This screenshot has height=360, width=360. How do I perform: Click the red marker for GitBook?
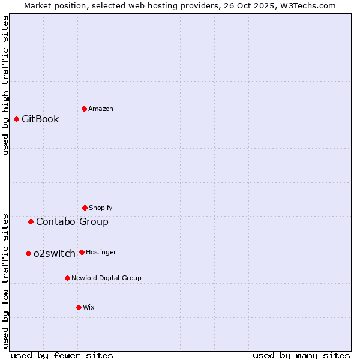16,119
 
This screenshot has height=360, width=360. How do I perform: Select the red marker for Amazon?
84,109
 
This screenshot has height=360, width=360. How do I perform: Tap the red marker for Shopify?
85,208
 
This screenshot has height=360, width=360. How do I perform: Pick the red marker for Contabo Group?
31,221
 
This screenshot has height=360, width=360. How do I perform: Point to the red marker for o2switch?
28,253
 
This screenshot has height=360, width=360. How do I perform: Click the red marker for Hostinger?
82,252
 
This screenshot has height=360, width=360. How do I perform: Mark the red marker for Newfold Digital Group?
67,278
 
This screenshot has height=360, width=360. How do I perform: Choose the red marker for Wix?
79,307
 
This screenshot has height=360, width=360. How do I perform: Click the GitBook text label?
40,119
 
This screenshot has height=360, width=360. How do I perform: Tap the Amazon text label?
101,109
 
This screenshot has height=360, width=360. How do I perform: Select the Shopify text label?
101,208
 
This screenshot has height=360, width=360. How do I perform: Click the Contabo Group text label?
72,221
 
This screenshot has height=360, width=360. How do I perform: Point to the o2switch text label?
55,253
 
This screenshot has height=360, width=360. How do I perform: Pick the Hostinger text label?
101,252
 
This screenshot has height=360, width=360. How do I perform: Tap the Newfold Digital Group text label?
106,278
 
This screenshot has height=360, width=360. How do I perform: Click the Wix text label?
89,307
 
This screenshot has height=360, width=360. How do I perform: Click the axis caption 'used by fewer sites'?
62,355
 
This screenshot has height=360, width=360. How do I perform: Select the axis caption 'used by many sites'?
301,355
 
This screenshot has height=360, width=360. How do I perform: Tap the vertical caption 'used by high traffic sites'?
5,85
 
